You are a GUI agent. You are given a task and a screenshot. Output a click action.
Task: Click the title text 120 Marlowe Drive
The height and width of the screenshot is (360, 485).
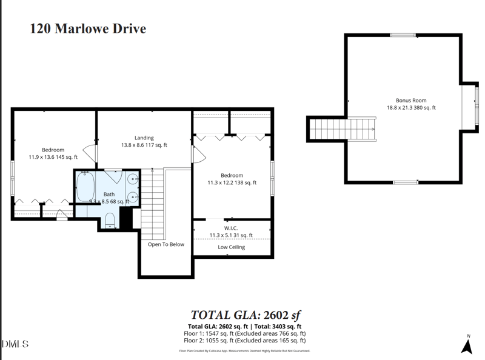[x=88, y=28]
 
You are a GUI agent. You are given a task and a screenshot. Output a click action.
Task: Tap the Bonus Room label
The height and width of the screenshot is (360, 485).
[x=411, y=101]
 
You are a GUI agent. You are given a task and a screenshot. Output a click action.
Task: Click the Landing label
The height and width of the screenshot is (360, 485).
[x=144, y=138]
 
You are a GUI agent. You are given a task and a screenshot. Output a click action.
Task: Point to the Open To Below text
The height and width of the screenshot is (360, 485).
[x=166, y=245]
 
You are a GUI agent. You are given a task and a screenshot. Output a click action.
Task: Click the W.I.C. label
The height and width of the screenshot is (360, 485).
[x=231, y=228]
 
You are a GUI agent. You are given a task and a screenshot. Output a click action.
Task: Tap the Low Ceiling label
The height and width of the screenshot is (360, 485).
[x=231, y=247]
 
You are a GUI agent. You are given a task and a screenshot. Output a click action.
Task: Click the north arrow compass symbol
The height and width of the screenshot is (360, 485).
[x=467, y=345]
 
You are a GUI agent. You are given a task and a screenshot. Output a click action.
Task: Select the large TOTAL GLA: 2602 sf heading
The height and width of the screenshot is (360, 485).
[x=246, y=315]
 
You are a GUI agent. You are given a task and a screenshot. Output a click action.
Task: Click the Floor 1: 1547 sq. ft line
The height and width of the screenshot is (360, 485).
[x=244, y=333]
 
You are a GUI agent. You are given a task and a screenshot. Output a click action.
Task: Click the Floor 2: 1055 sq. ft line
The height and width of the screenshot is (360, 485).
[x=244, y=341]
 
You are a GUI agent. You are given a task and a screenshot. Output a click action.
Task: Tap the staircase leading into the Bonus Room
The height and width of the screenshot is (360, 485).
[x=343, y=128]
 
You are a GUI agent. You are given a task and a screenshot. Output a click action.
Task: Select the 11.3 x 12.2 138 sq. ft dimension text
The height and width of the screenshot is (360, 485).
[x=231, y=182]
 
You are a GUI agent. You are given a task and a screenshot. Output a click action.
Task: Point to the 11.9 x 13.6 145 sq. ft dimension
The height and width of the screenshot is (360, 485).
[x=53, y=157]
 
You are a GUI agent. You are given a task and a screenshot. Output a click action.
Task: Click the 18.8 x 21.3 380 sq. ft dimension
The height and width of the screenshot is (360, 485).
[x=411, y=108]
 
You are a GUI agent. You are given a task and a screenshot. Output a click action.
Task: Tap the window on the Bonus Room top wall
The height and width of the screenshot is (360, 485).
[x=403, y=35]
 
